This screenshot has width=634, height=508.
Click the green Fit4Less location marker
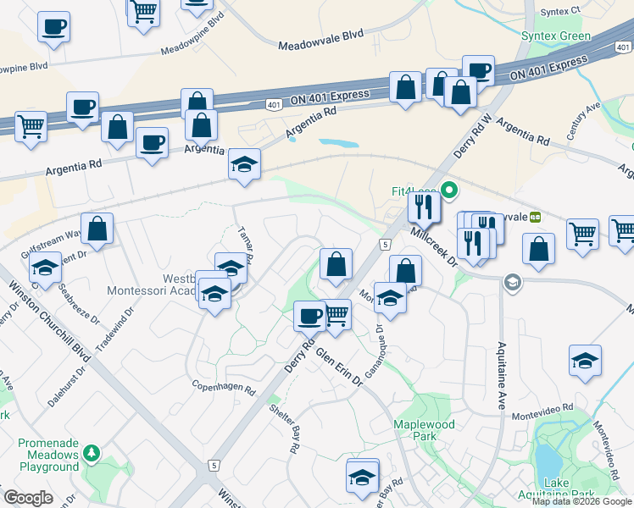pyautogui.click(x=450, y=190)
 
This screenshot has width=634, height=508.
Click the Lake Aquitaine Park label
pyautogui.click(x=569, y=489)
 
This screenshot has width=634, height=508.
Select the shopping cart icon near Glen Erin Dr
pyautogui.click(x=336, y=315)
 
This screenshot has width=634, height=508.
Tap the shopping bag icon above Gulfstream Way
pyautogui.click(x=98, y=229)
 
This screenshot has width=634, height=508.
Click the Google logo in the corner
pyautogui.click(x=28, y=498)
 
